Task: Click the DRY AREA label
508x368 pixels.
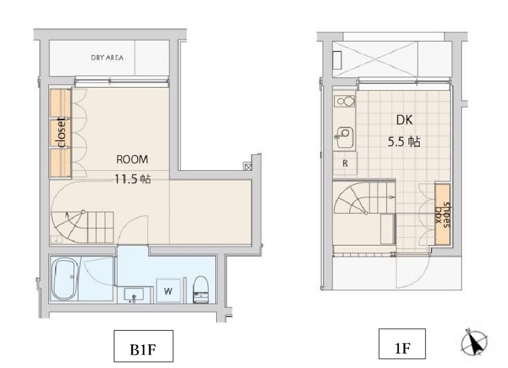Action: tap(107, 58)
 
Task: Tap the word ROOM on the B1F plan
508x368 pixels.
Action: tap(132, 159)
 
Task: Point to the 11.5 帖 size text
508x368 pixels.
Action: tap(132, 179)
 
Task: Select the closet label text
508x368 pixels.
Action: tap(61, 133)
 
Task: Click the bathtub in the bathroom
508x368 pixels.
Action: tap(66, 279)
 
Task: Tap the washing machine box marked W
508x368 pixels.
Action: tap(168, 290)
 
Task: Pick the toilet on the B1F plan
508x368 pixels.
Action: tap(201, 289)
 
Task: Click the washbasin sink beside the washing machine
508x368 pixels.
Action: tap(134, 295)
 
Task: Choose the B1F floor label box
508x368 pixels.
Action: tap(143, 346)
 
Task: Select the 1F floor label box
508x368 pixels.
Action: tap(402, 344)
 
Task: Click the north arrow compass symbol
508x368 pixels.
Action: tap(474, 342)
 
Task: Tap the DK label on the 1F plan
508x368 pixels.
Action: tap(405, 120)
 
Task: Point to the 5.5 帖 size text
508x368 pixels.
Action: tap(404, 141)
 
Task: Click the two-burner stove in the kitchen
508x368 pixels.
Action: tap(345, 102)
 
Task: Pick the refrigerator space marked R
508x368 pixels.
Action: tap(345, 163)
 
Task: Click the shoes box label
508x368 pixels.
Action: tap(443, 215)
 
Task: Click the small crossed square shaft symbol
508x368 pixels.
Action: tap(248, 167)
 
